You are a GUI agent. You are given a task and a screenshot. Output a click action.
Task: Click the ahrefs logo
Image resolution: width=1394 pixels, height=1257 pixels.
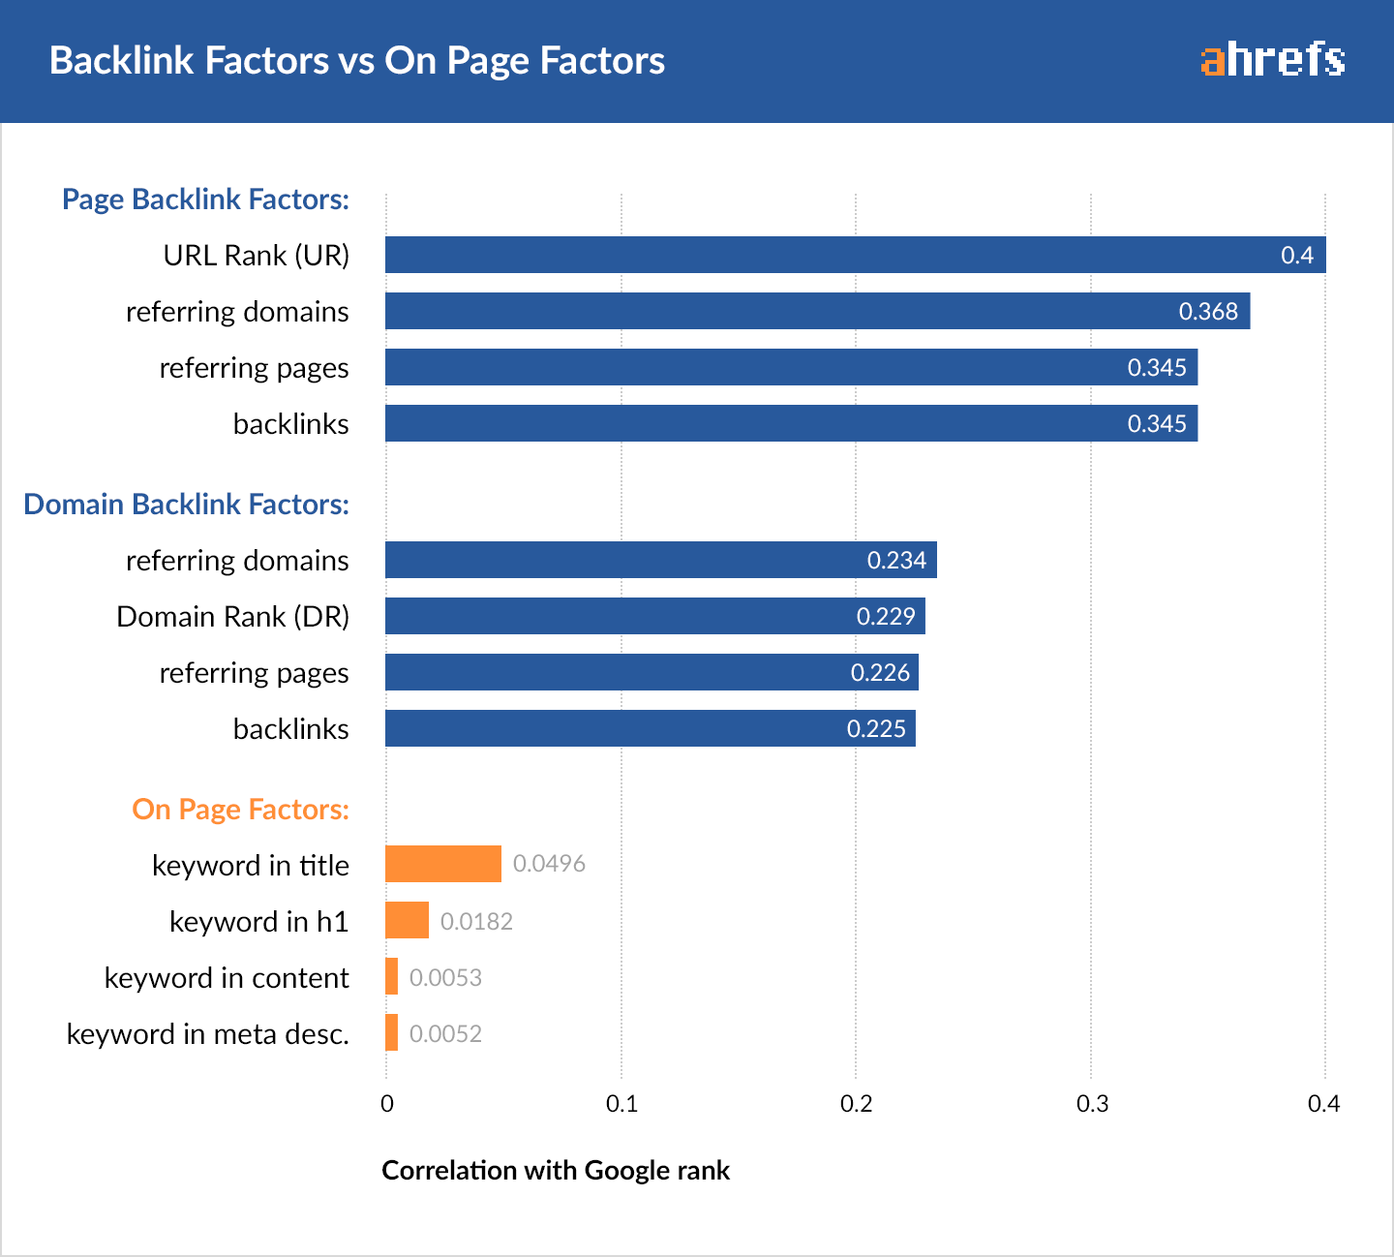point(1272,60)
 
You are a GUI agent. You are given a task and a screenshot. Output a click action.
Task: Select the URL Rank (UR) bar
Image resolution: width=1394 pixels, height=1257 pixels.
point(855,255)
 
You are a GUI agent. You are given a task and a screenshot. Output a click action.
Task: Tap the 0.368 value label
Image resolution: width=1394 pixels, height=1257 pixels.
point(1208,312)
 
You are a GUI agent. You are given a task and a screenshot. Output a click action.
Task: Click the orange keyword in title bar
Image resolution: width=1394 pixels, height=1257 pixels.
point(443,864)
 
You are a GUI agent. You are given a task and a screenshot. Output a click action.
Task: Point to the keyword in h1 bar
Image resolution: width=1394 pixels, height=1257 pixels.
point(407,920)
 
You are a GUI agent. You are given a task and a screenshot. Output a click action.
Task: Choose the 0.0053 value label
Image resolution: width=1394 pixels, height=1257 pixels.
point(445,977)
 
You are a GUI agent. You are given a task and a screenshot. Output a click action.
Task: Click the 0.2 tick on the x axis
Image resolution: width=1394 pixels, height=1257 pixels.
point(856,1104)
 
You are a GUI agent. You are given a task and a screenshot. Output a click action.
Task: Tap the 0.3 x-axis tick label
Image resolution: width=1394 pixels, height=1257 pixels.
point(1092,1104)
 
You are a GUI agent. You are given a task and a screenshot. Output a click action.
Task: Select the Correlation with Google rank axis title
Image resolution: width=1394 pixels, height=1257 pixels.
point(556,1170)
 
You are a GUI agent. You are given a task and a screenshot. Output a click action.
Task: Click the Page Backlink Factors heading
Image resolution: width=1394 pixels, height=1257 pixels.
point(205,199)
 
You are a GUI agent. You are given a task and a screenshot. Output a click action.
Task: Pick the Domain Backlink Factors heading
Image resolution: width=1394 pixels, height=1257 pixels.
point(186,505)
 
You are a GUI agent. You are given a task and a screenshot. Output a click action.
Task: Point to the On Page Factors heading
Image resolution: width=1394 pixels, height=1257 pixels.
point(240,810)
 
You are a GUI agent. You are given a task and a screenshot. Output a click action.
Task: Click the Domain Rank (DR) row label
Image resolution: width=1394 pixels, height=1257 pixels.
point(232,617)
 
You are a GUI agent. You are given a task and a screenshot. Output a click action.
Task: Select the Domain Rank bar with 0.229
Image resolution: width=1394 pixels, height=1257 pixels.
point(654,616)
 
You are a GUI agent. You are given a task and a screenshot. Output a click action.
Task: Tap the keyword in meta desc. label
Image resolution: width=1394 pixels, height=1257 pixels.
point(207,1034)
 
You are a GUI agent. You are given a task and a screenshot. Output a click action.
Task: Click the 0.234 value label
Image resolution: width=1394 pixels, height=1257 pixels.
point(896,561)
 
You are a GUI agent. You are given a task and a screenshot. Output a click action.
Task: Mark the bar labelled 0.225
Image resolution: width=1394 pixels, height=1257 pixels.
point(650,728)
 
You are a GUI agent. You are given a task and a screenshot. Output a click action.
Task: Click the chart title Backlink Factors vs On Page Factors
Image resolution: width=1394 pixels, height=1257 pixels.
point(357,60)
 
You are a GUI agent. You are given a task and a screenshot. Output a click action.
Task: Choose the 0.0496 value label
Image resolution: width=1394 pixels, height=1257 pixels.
point(549,864)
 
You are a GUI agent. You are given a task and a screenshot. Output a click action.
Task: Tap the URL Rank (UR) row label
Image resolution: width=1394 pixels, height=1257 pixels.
point(256,256)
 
